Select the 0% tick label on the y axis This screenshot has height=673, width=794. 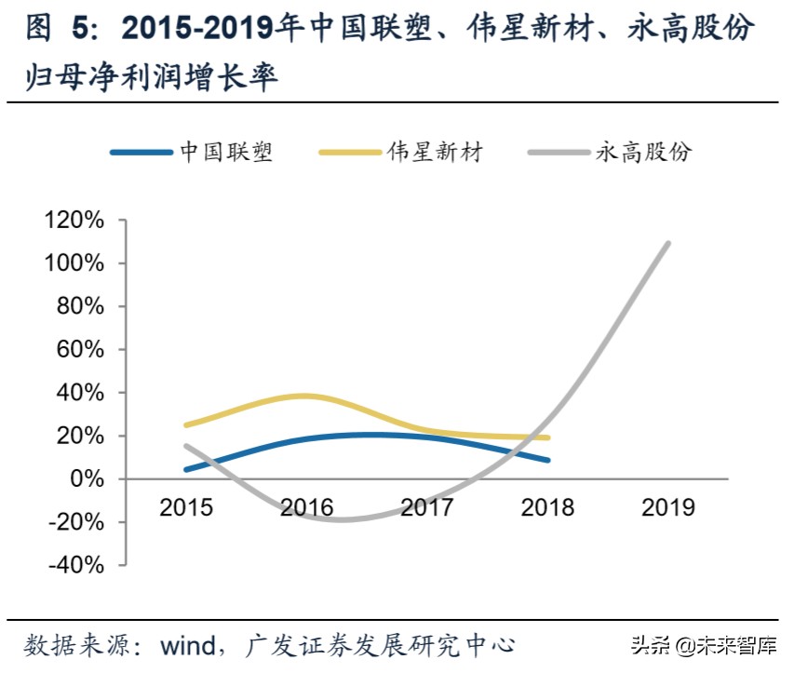(x=88, y=478)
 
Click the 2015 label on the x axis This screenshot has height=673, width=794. (x=186, y=507)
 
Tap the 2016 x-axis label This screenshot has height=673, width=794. (x=307, y=507)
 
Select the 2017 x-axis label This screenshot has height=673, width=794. (x=427, y=507)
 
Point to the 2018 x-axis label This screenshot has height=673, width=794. (x=548, y=507)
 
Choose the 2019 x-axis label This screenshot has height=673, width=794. (x=668, y=507)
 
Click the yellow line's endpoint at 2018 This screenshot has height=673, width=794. (x=547, y=437)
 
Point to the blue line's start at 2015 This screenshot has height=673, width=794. (x=187, y=469)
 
